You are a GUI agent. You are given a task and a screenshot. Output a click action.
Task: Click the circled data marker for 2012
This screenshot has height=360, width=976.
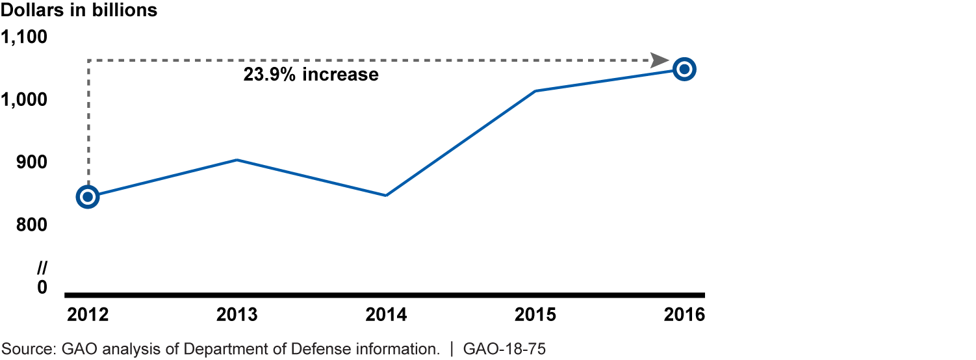pyautogui.click(x=88, y=196)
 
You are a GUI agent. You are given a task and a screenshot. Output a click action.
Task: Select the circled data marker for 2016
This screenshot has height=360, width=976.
pyautogui.click(x=684, y=69)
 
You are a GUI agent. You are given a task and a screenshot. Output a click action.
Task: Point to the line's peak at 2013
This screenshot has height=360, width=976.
pyautogui.click(x=237, y=160)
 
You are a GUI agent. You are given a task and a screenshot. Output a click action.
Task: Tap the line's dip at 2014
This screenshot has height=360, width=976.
pyautogui.click(x=386, y=195)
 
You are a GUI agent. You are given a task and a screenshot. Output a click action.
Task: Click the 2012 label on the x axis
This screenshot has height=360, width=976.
pyautogui.click(x=88, y=315)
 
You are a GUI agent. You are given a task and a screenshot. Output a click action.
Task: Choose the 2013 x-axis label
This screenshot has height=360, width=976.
pyautogui.click(x=237, y=315)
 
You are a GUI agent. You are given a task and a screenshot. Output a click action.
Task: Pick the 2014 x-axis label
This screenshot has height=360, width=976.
pyautogui.click(x=386, y=315)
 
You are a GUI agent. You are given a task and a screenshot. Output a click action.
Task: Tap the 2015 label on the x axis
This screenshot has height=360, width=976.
pyautogui.click(x=535, y=315)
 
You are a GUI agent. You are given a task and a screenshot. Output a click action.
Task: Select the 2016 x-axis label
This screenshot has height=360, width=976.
pyautogui.click(x=684, y=315)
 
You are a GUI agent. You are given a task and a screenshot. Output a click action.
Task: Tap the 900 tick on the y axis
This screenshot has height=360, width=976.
pyautogui.click(x=33, y=162)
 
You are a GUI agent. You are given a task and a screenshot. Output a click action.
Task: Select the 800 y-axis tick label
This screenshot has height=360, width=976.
pyautogui.click(x=33, y=225)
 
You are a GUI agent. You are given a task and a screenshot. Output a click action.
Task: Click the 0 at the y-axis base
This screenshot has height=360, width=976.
pyautogui.click(x=42, y=287)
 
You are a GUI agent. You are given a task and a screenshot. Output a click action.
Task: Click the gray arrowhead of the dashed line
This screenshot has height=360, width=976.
pyautogui.click(x=660, y=60)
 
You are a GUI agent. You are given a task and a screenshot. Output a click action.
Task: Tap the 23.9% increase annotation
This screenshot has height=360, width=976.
pyautogui.click(x=311, y=75)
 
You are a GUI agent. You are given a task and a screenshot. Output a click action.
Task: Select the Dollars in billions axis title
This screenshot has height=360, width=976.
pyautogui.click(x=79, y=11)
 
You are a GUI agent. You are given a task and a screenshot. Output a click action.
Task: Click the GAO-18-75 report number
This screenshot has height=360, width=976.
pyautogui.click(x=504, y=349)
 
